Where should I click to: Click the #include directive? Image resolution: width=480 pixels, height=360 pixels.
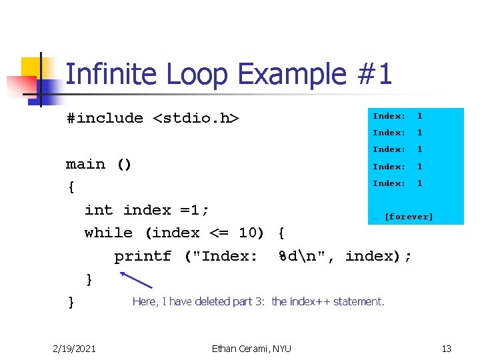coord(105,119)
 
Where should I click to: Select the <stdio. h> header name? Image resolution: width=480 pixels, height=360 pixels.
coord(197,119)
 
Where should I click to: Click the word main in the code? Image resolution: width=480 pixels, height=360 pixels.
coord(85,164)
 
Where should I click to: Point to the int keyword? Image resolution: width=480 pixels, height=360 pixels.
coord(99,210)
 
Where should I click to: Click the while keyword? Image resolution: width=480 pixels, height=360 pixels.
coord(109,233)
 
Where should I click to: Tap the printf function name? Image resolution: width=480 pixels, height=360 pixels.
coord(143,256)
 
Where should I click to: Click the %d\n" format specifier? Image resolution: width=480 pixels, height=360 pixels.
coord(307,256)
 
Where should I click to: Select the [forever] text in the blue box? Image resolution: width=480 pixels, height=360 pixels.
coord(409,217)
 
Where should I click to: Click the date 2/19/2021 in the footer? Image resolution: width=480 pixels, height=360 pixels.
coord(74,348)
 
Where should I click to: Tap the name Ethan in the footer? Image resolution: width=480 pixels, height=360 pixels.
coord(225,348)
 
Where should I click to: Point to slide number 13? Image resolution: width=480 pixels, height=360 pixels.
coord(447,348)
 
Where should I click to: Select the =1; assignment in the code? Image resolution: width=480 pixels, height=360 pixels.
coord(195,210)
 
